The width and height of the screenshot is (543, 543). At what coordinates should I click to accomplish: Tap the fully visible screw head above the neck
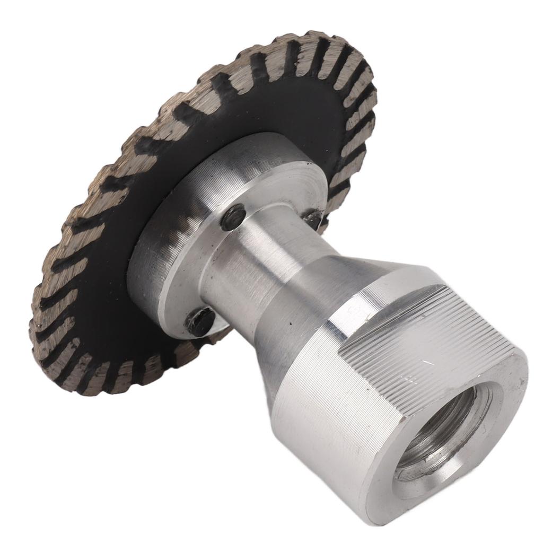click(233, 217)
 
